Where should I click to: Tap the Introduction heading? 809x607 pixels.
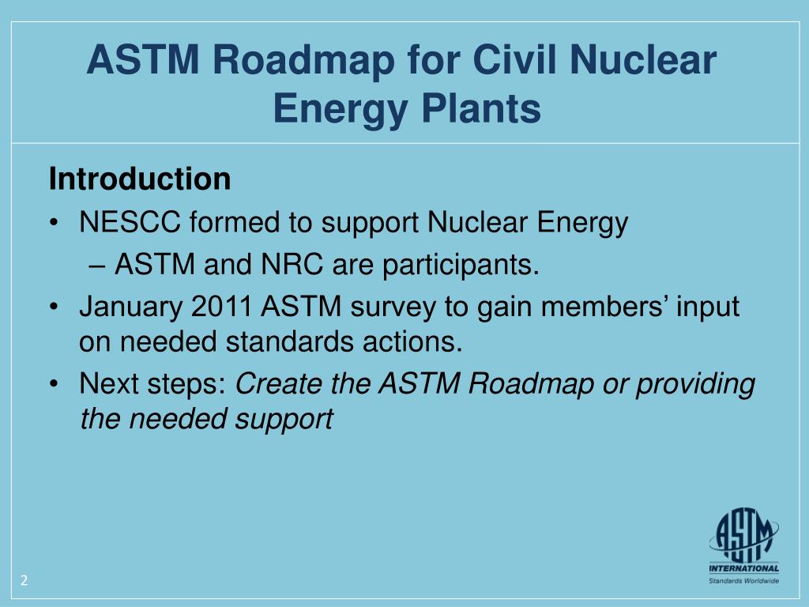point(140,179)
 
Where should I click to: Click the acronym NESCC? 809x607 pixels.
point(129,224)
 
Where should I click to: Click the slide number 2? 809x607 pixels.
point(24,581)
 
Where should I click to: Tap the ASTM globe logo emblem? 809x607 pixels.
point(743,533)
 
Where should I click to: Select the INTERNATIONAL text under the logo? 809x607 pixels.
point(743,567)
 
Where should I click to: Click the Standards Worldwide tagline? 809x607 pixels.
point(743,581)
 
